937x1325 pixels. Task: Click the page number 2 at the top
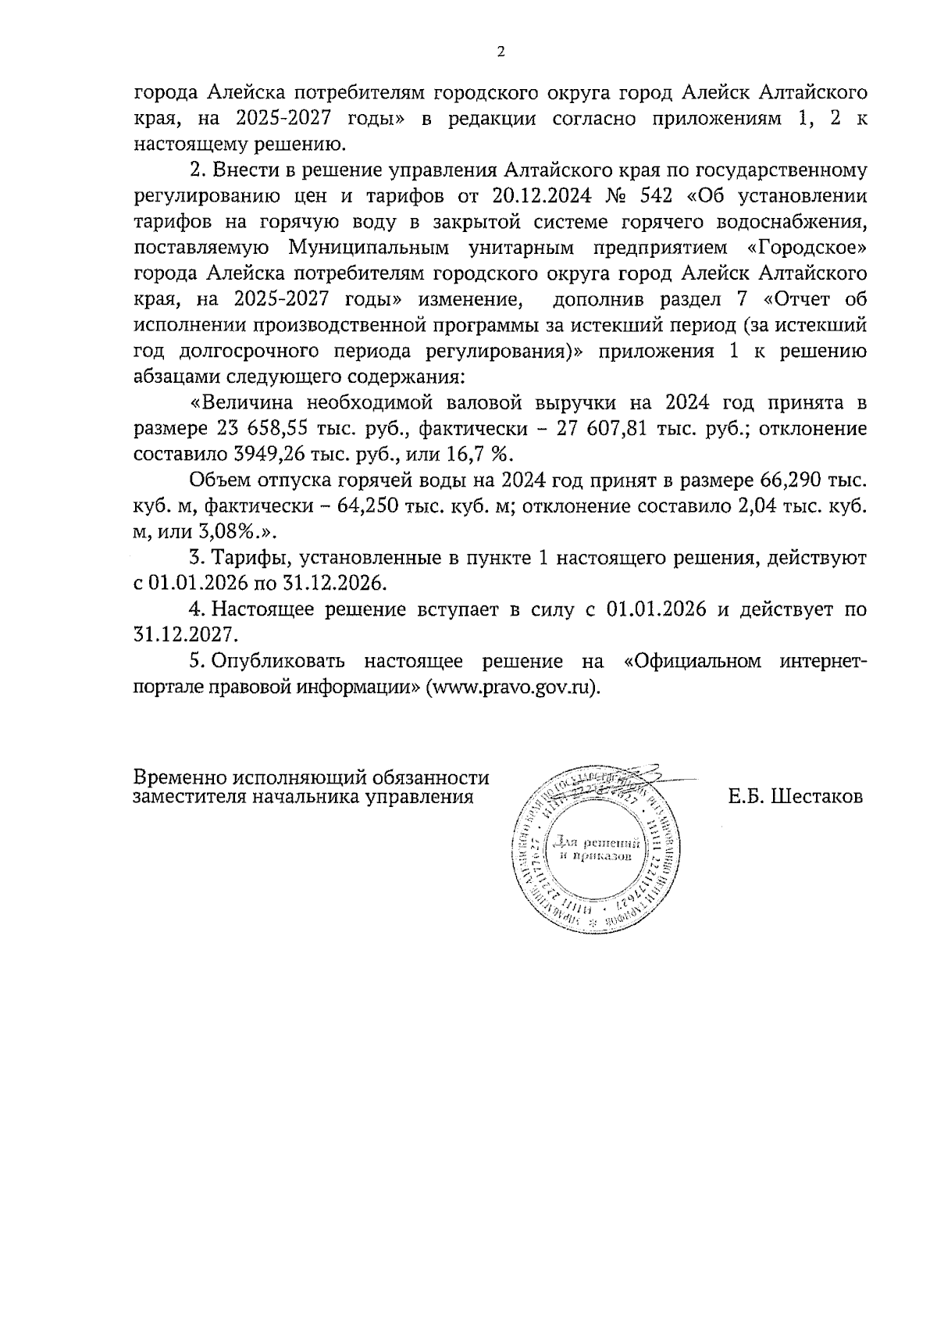click(x=501, y=52)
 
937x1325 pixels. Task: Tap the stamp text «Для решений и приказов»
click(x=597, y=849)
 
